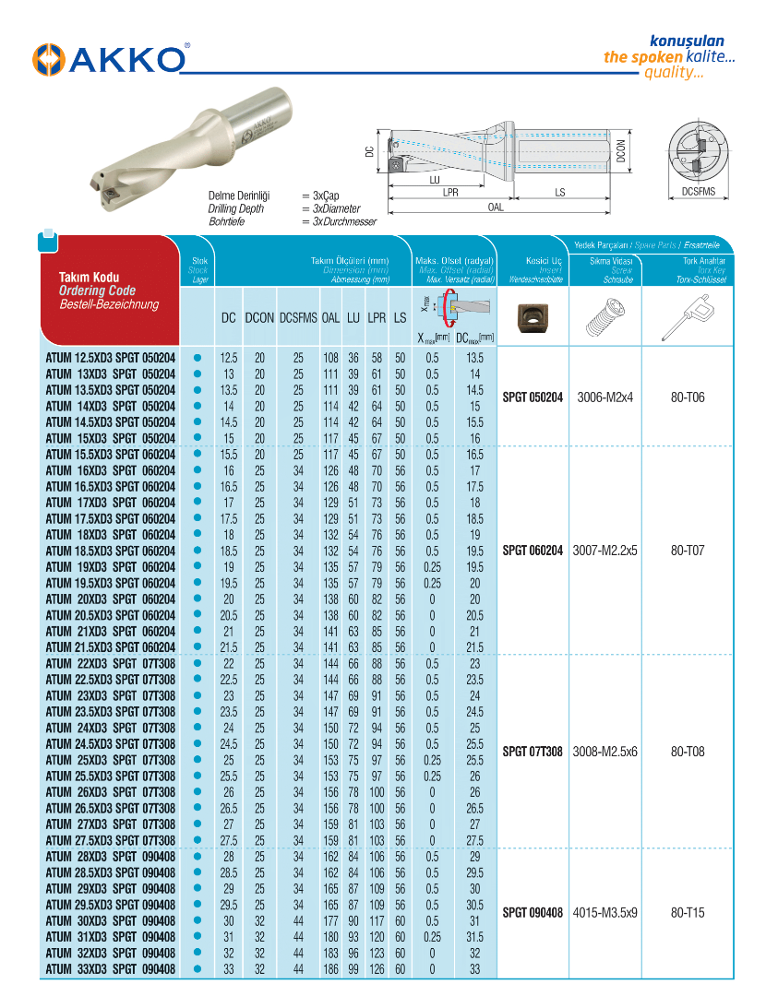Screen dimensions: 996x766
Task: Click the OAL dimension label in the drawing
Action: tap(496, 207)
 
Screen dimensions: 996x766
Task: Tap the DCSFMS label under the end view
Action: tap(699, 192)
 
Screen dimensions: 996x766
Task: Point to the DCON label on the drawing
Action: tap(622, 151)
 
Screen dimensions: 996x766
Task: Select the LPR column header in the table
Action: tap(377, 317)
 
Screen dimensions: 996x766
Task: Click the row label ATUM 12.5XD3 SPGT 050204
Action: tap(111, 358)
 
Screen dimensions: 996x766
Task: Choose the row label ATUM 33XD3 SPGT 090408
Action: tap(111, 969)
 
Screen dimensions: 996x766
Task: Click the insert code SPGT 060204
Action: tap(533, 551)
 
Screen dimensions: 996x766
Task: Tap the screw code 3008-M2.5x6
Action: tap(605, 752)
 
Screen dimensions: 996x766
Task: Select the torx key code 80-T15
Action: tap(688, 913)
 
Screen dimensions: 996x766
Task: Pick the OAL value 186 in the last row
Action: tap(330, 969)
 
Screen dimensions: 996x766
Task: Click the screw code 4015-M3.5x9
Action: tap(605, 913)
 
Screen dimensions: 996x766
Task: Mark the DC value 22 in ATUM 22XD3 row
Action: tap(229, 664)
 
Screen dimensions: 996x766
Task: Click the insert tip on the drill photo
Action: tap(107, 193)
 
